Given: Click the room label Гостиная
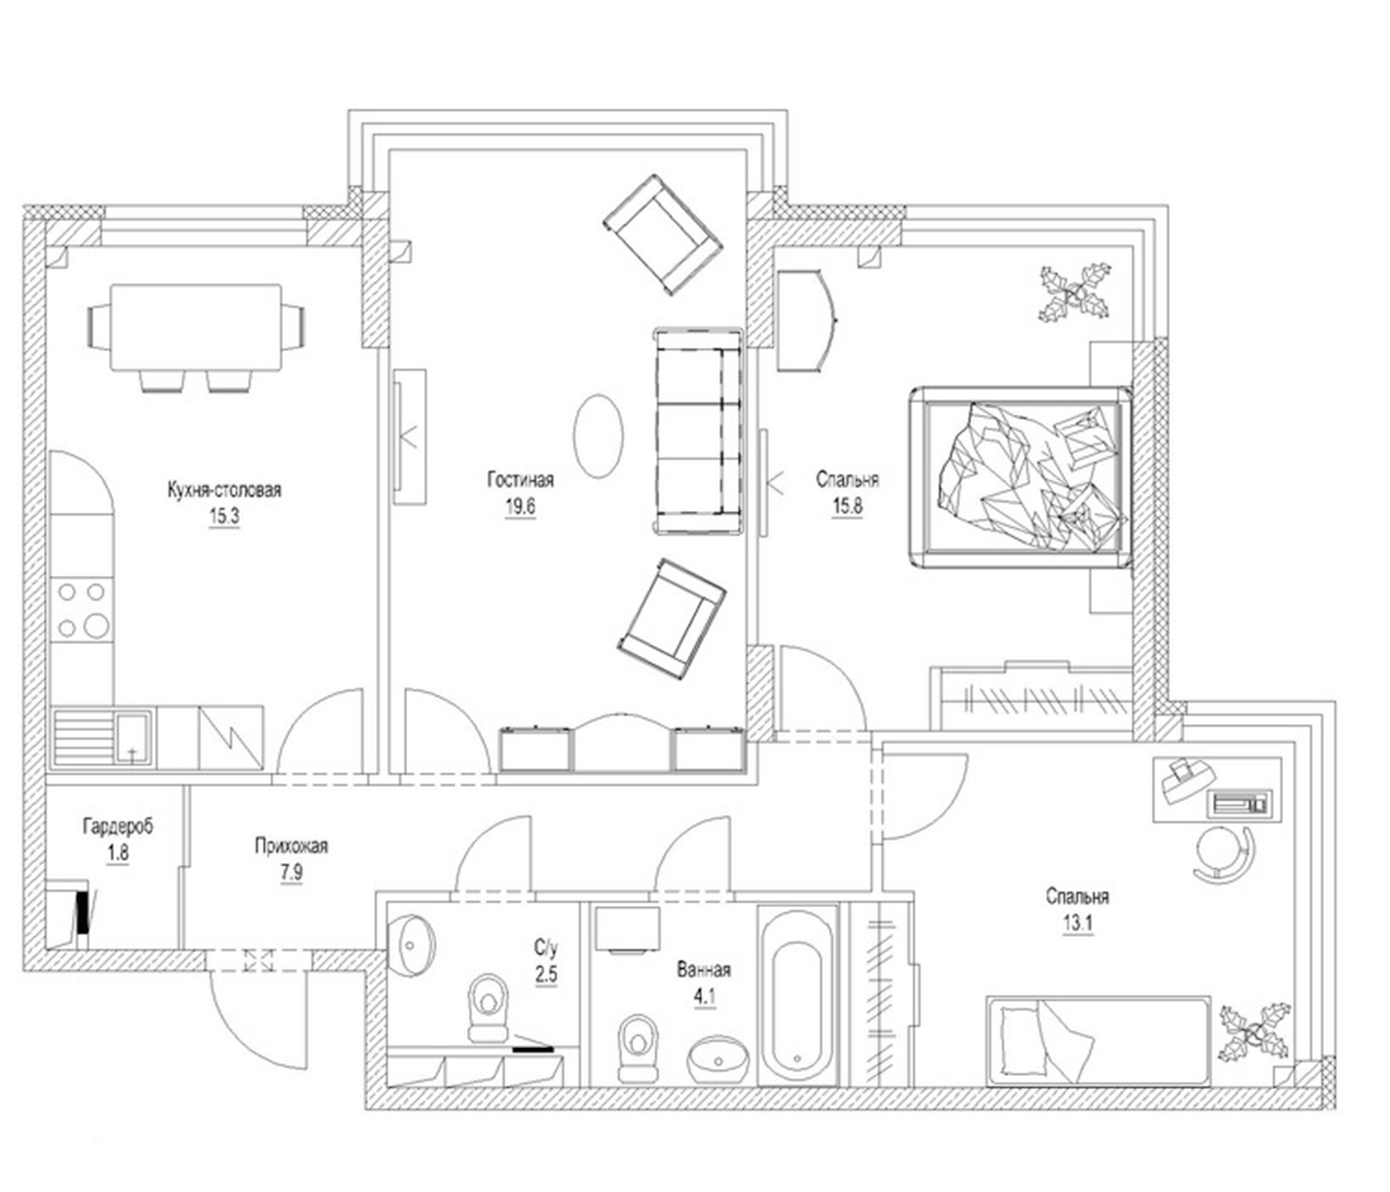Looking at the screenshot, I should click(x=520, y=480).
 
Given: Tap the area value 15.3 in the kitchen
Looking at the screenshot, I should click(x=224, y=517).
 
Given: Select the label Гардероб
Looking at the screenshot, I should click(x=118, y=826).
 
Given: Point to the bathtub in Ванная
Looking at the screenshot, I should click(x=798, y=998).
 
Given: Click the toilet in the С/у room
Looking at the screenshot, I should click(x=488, y=1007).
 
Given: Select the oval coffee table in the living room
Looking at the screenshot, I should click(x=598, y=436).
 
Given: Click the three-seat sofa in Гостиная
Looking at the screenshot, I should click(x=698, y=432).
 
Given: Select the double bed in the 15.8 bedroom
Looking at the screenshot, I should click(x=1020, y=477).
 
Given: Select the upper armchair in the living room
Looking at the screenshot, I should click(x=663, y=235).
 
